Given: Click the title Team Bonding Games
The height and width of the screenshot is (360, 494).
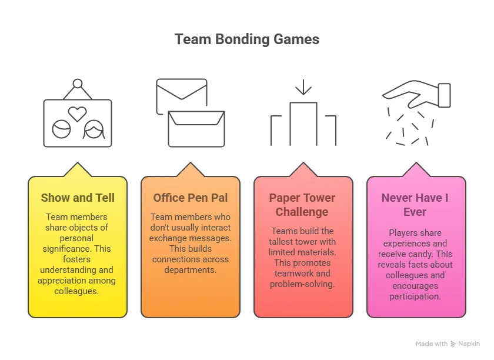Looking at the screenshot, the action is pyautogui.click(x=247, y=39).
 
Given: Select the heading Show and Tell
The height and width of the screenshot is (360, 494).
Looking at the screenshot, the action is pyautogui.click(x=78, y=198).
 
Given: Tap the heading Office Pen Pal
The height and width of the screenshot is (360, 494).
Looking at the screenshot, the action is pyautogui.click(x=191, y=198).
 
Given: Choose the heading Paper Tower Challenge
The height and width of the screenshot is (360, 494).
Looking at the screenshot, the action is pyautogui.click(x=302, y=205).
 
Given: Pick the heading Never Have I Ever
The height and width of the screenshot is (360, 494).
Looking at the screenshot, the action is pyautogui.click(x=415, y=205).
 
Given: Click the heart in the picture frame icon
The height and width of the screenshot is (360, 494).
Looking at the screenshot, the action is pyautogui.click(x=78, y=114).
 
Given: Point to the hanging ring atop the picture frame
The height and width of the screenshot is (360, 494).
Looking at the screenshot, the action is pyautogui.click(x=78, y=84).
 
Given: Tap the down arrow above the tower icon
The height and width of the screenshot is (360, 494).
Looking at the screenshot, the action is pyautogui.click(x=303, y=87).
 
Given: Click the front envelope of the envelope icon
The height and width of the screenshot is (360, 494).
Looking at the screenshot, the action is pyautogui.click(x=196, y=129).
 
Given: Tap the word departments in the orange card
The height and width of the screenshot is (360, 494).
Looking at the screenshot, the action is pyautogui.click(x=191, y=270).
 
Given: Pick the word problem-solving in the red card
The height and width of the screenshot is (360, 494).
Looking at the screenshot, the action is pyautogui.click(x=302, y=284).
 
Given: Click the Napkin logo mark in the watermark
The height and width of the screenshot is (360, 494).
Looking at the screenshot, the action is pyautogui.click(x=453, y=344).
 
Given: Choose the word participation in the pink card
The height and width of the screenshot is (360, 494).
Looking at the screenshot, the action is pyautogui.click(x=415, y=296).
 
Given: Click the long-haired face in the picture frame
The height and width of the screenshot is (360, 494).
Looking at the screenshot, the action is pyautogui.click(x=94, y=129).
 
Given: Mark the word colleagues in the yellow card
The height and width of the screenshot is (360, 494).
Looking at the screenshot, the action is pyautogui.click(x=76, y=291).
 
